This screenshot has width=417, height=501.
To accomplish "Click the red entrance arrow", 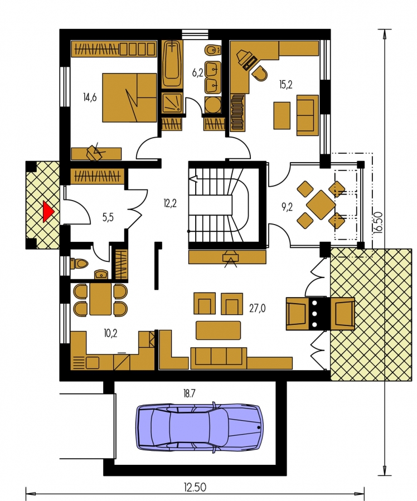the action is [48, 212].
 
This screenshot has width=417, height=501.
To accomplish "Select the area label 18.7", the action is [189, 393].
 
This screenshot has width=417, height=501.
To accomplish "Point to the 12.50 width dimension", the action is [195, 487].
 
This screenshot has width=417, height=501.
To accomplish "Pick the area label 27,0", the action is [258, 308].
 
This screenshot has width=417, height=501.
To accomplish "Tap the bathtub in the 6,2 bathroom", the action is [173, 64].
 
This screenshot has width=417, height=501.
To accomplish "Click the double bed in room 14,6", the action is [129, 98].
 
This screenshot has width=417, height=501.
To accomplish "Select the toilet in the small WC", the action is [79, 264].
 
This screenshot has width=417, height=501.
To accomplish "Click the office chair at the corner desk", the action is [259, 73].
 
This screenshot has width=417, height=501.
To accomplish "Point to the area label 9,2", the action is [287, 208].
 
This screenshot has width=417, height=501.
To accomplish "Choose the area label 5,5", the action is [108, 217].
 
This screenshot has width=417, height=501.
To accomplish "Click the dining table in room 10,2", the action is [100, 299].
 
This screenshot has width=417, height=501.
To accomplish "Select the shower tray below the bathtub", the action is [173, 103].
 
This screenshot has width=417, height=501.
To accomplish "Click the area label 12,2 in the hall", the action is [170, 203].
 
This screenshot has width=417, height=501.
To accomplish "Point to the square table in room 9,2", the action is [321, 205].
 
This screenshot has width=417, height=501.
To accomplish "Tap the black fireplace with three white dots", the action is [314, 314].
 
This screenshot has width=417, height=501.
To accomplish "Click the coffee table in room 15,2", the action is [282, 116].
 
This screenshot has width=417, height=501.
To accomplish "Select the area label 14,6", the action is [90, 97].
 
